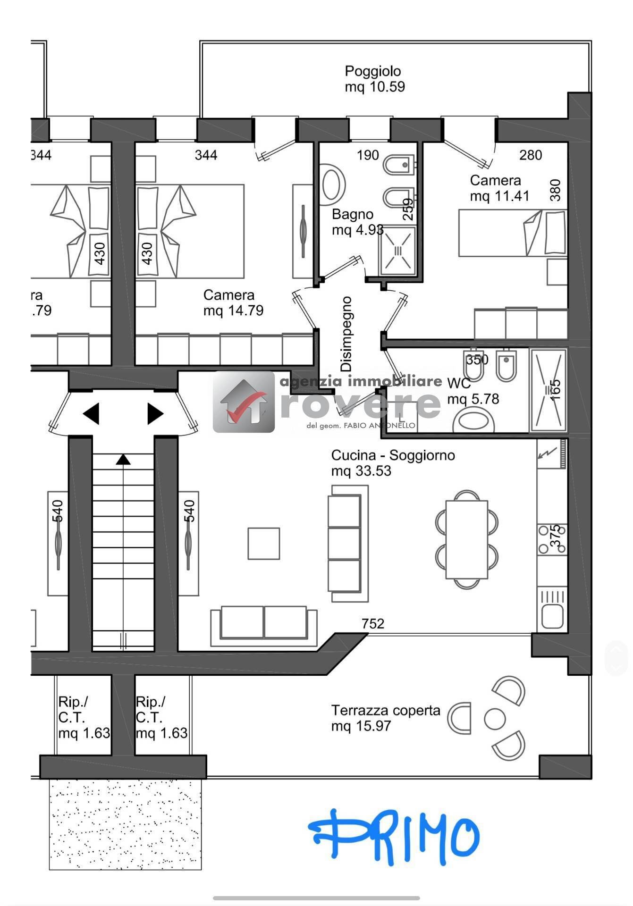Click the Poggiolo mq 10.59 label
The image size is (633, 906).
click(374, 79)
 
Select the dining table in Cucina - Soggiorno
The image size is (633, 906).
click(466, 539)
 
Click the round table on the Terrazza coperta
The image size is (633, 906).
click(495, 719)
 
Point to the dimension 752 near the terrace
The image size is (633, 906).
click(373, 624)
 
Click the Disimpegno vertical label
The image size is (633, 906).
click(346, 334)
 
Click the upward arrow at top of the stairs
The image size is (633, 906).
click(123, 459)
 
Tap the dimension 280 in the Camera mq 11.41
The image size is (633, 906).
click(531, 155)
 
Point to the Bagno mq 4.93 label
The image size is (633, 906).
click(357, 222)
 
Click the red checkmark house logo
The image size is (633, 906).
click(244, 403)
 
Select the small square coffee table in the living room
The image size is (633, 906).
click(264, 544)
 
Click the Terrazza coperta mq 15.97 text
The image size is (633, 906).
click(385, 718)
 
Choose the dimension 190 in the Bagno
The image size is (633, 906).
click(368, 155)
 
